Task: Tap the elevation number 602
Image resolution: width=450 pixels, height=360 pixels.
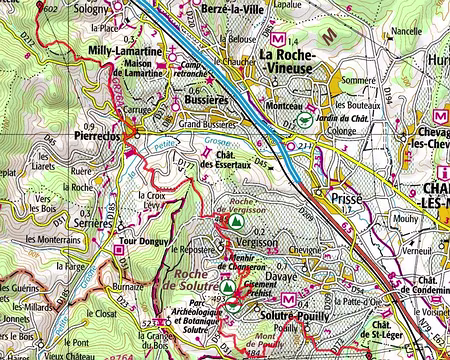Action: point(51,6)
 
